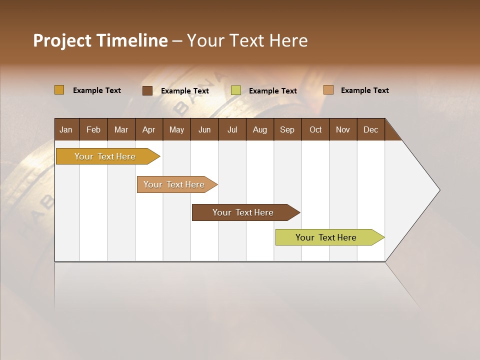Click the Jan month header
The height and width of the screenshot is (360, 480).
66,129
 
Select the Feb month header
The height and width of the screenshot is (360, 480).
93,129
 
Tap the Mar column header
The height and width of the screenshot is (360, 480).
121,129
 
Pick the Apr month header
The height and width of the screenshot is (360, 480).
149,129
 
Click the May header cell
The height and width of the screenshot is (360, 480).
176,129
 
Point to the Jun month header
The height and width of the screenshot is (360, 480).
204,129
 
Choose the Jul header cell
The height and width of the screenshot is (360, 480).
232,129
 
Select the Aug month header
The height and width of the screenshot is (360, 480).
260,129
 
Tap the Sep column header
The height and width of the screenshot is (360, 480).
287,129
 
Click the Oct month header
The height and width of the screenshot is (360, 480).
315,129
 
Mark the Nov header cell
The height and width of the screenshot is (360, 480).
343,129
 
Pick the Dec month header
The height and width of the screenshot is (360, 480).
371,129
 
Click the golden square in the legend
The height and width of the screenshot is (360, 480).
59,90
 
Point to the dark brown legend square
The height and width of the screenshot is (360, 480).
147,90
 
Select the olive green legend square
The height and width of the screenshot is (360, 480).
236,90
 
